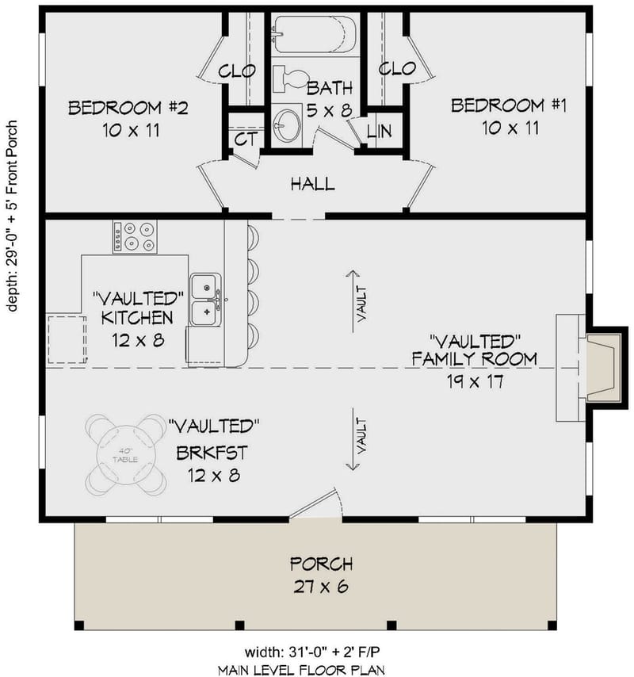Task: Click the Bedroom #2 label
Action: point(128,117)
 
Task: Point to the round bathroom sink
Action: point(287,124)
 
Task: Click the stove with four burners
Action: point(135,236)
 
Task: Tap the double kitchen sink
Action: point(205,300)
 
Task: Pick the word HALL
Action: point(312,184)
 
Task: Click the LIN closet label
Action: point(379,132)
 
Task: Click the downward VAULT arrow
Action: point(352,441)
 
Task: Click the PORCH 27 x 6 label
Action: point(321,576)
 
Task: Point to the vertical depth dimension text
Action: point(13,216)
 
